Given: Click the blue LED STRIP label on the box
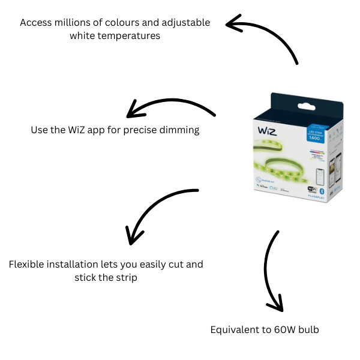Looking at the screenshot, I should click(x=316, y=133).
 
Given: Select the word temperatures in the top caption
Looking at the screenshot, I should click(x=130, y=36).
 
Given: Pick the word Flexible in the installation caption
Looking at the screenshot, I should click(x=26, y=264).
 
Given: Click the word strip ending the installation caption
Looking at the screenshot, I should click(x=125, y=277).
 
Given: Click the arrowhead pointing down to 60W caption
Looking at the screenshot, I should click(x=275, y=305).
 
